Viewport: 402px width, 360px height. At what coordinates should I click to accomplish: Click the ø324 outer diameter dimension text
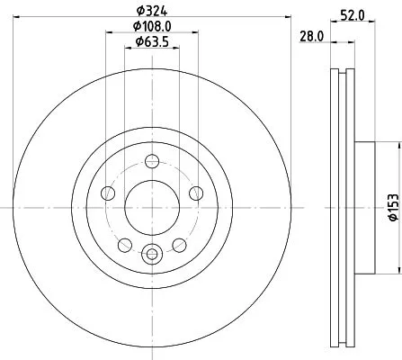(151, 9)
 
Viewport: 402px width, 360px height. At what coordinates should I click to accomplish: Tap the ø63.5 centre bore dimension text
(149, 41)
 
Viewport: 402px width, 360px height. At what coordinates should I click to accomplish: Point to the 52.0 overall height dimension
(353, 13)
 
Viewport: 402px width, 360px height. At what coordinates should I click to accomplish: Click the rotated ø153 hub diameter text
(392, 208)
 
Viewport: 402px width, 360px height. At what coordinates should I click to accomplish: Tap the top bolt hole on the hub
(151, 161)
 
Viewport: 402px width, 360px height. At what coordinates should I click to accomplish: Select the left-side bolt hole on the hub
(109, 192)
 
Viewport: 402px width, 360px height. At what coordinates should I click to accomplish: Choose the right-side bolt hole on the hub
(194, 192)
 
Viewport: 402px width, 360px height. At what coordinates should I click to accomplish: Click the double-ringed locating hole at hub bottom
(151, 253)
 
